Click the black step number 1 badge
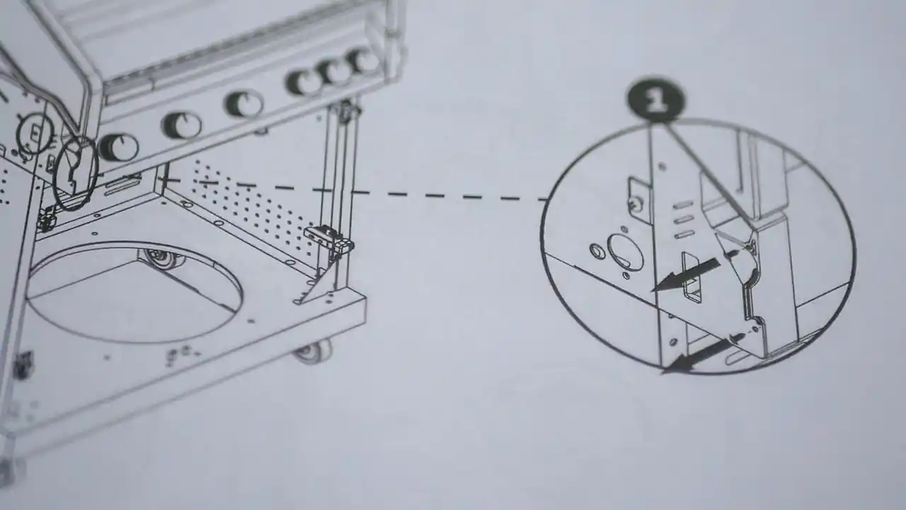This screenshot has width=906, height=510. [x=655, y=100]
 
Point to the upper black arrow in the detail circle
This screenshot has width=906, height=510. [x=686, y=275]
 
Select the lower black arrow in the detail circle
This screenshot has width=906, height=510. [x=697, y=356]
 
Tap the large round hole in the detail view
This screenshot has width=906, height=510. [x=625, y=252]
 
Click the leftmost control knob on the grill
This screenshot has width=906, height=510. [x=118, y=147]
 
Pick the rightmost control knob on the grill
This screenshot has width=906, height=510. [x=362, y=61]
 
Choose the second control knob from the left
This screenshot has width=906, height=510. [x=182, y=124]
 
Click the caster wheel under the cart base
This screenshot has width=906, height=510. [x=315, y=351]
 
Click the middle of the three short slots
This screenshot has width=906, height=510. [x=684, y=220]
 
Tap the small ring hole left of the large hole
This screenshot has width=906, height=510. [x=597, y=251]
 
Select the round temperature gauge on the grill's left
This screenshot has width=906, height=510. [x=35, y=132]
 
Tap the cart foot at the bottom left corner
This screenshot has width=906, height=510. [x=9, y=470]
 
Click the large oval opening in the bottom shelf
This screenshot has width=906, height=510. [x=134, y=293]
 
